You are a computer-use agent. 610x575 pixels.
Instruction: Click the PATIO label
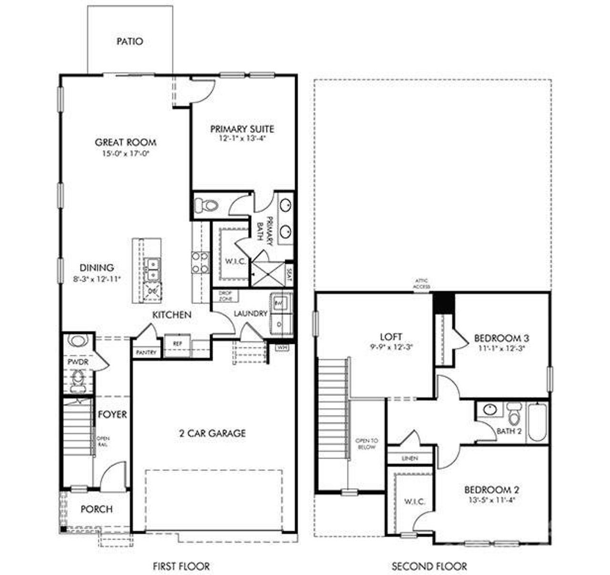coord(130,41)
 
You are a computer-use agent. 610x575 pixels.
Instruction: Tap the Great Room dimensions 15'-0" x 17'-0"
coord(125,153)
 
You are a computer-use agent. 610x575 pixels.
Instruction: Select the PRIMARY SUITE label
coord(242,129)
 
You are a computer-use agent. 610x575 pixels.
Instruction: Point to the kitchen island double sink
coord(153,270)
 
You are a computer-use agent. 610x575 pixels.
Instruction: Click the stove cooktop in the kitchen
coord(200,262)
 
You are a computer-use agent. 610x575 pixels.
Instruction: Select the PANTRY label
coord(146,353)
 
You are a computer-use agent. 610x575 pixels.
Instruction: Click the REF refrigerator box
coord(178,343)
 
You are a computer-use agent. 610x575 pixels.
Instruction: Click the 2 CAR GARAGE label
coord(213,433)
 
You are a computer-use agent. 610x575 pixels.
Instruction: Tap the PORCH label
coord(97,509)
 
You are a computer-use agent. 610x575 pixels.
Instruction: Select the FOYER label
coord(112,414)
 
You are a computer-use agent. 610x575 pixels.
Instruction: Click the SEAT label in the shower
coord(289,275)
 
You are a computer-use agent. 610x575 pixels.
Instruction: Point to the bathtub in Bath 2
coord(537,423)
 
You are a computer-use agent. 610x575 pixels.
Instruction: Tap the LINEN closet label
coord(410,458)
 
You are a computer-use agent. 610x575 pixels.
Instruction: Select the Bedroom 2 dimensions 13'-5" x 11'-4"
coord(491,500)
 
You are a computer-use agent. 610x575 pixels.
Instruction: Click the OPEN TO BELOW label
coord(366,444)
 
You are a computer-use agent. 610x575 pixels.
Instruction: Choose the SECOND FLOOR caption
coord(429,566)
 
